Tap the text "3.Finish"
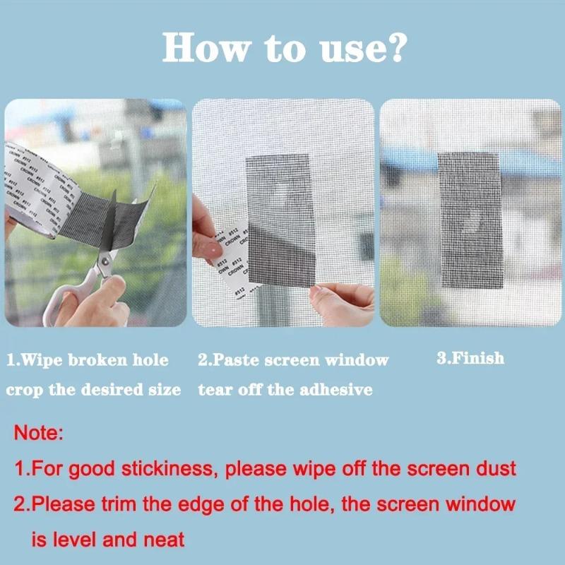470,358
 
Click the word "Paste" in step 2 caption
237,359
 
